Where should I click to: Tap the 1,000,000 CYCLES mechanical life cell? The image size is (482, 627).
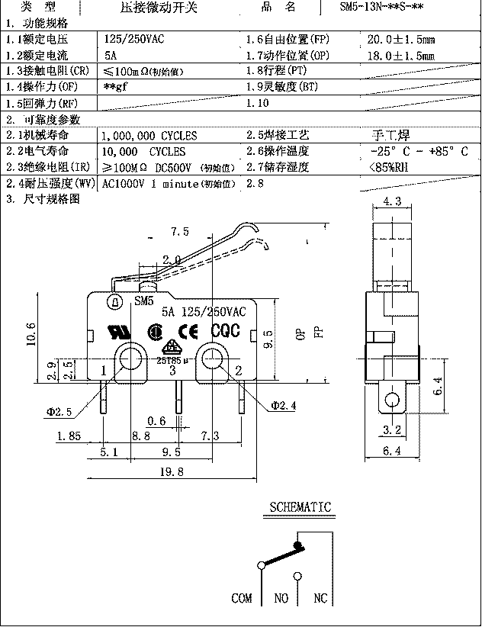pos(149,136)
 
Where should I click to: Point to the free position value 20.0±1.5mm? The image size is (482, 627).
pos(400,37)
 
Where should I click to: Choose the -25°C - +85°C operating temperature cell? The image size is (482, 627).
pos(416,151)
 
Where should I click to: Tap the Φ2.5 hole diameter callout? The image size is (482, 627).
pos(59,412)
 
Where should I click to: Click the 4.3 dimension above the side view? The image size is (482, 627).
pos(392,201)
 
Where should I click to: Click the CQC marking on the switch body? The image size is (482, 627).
pos(225,331)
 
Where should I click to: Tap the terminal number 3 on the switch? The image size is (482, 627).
pos(172,370)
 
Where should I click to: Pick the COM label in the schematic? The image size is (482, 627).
pos(241,598)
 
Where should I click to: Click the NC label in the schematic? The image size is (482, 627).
pos(320,598)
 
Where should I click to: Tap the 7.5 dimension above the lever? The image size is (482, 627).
pos(180,231)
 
